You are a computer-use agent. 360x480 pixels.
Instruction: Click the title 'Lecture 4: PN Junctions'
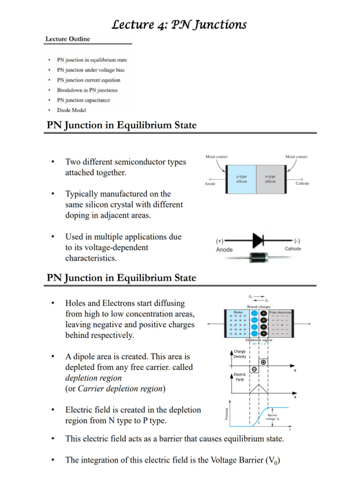(x=179, y=24)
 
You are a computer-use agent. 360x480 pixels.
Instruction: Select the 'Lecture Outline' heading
(x=67, y=39)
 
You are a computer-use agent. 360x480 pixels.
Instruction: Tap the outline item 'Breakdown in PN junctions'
(x=87, y=90)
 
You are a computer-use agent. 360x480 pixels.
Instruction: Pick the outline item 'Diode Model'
(x=71, y=110)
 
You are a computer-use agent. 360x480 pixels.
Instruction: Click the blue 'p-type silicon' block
(x=241, y=179)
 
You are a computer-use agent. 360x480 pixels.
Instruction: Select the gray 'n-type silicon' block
(x=270, y=179)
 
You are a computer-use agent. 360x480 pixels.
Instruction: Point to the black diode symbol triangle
(x=258, y=241)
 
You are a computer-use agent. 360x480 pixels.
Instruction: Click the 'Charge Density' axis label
(x=240, y=354)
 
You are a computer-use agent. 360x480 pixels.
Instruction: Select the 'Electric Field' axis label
(x=240, y=377)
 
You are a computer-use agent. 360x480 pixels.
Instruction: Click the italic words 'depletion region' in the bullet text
(x=93, y=378)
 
